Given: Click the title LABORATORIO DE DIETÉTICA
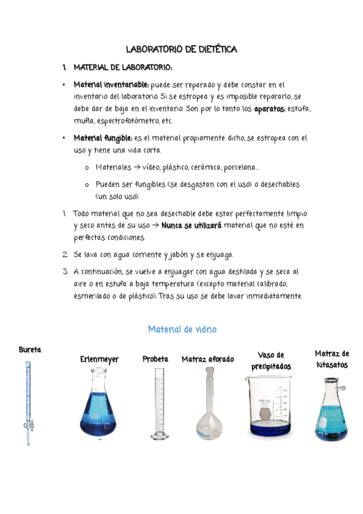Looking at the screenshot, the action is [x=181, y=49].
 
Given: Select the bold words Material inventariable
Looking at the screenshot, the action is [x=112, y=85].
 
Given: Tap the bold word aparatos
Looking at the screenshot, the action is [x=270, y=108].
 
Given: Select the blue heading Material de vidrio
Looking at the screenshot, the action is [x=182, y=329].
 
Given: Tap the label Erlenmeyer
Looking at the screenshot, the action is [x=99, y=359].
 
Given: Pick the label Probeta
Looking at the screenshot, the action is [x=155, y=359].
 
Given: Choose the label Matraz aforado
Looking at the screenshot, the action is [x=208, y=359].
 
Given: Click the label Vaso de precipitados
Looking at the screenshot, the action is [x=271, y=361].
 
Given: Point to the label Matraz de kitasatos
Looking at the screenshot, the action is [x=331, y=359].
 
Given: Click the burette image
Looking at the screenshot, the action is [x=28, y=403].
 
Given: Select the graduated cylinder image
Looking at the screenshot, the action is [x=159, y=403].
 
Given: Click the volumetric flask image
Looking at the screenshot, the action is [x=209, y=406].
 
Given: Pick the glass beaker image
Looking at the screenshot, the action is [x=270, y=405].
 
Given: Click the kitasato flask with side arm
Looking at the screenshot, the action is [x=331, y=409].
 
